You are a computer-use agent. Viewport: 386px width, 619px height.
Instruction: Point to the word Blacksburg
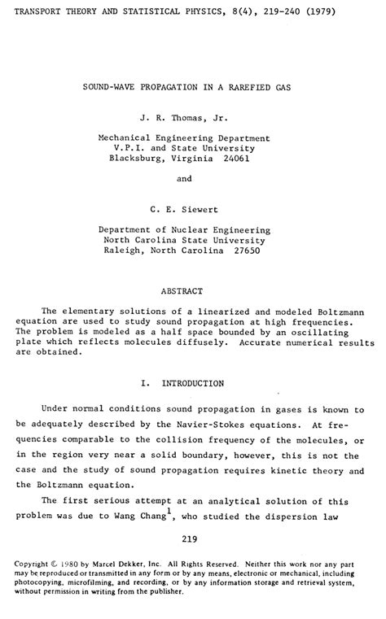coord(138,159)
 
